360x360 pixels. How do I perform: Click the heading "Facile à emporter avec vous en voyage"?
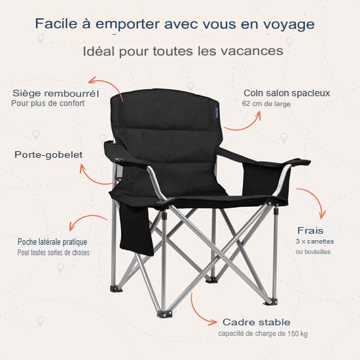tap(175, 24)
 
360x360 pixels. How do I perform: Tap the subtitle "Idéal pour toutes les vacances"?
tap(183, 50)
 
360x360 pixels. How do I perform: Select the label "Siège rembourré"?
tap(55, 93)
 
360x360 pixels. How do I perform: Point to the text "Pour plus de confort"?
tap(48, 103)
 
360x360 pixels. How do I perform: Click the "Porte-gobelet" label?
tap(48, 154)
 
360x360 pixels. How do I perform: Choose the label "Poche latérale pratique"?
tap(52, 242)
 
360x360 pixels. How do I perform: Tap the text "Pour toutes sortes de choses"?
tap(54, 252)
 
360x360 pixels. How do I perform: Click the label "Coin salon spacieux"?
tap(287, 93)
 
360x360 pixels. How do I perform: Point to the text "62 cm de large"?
tap(266, 103)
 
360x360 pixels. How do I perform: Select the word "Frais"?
tap(310, 230)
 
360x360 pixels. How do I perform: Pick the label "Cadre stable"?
tap(256, 322)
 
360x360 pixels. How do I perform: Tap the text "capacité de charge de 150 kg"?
tap(263, 334)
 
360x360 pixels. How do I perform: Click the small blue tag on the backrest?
tap(215, 111)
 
